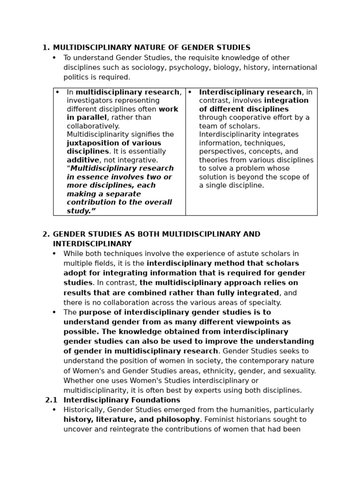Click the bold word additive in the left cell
click(82, 160)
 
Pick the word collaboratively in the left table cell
click(93, 126)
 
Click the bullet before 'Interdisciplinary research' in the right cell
click(190, 92)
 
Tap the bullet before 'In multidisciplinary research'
click(58, 92)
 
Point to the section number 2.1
click(51, 400)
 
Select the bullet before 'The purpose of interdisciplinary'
click(54, 312)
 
